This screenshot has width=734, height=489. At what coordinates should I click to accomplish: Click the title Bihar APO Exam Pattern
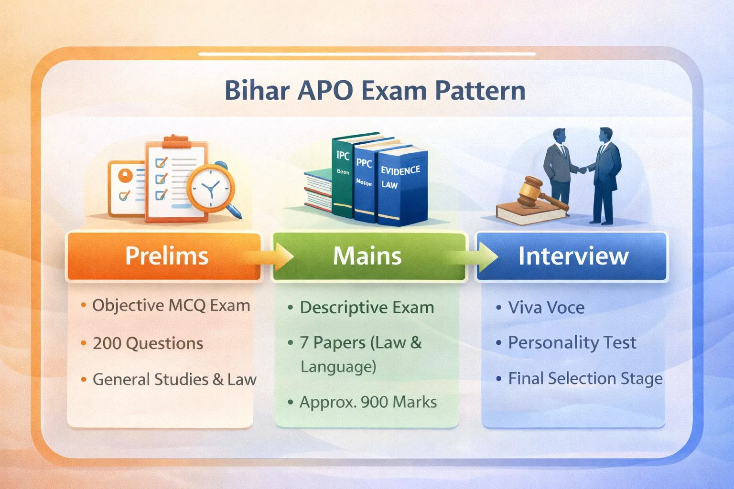(x=375, y=91)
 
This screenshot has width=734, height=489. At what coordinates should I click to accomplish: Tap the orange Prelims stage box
(x=165, y=256)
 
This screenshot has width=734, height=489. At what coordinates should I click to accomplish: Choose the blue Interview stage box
(x=572, y=256)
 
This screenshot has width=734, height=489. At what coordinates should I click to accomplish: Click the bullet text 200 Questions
(x=148, y=343)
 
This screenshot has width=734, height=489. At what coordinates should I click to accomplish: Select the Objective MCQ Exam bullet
(x=171, y=306)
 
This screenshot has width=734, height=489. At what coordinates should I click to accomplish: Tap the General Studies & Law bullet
(x=174, y=379)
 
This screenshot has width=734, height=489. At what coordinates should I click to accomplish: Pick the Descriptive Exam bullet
(x=367, y=308)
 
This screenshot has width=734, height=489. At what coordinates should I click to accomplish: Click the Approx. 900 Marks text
(x=368, y=402)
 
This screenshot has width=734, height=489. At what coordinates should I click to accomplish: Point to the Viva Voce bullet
(x=546, y=308)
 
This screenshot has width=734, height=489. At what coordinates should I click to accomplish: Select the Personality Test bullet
(x=572, y=343)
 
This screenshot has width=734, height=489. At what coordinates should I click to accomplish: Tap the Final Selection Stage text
(x=585, y=379)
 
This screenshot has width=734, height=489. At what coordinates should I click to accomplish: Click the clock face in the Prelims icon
(x=210, y=188)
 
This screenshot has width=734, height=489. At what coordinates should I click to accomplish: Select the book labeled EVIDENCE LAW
(x=401, y=186)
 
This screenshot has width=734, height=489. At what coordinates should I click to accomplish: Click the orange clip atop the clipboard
(x=176, y=141)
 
